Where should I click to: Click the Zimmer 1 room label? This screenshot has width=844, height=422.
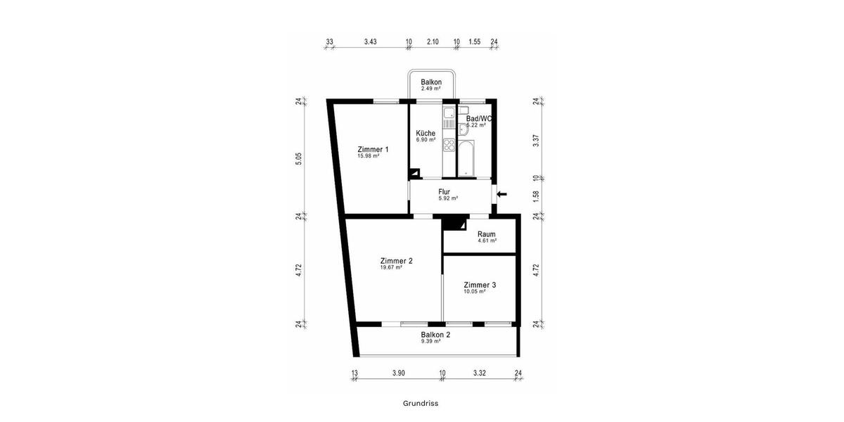coord(373,149)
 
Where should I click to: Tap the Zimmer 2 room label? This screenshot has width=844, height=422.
coord(396,260)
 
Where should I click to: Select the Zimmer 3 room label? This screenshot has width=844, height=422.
coord(480,285)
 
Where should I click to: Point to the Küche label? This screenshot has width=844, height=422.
coord(426,133)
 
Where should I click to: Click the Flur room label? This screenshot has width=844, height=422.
coord(444,191)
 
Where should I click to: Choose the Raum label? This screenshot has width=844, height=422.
coord(486,234)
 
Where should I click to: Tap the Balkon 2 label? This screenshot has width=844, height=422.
coord(435,334)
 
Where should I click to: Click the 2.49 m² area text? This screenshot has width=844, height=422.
coord(430,89)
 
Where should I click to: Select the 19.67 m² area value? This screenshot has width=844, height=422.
coord(391,267)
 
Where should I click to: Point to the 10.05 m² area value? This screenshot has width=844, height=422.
coord(474,291)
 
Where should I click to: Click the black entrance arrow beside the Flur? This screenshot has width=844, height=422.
coord(501,194)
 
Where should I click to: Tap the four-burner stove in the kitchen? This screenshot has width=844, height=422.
coord(449,148)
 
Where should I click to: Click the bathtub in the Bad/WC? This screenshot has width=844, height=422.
coord(466,159)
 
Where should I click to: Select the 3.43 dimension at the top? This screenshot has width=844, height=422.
coord(371,42)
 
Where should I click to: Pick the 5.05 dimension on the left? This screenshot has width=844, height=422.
coord(299,159)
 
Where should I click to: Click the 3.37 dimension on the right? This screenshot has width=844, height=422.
coord(536,139)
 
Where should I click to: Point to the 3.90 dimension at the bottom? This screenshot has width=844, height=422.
coord(398,373)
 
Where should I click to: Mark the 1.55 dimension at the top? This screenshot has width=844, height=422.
coord(474,42)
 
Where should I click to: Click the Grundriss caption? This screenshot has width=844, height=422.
coord(421,404)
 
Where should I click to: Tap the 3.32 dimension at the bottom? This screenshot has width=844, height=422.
coord(480,373)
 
